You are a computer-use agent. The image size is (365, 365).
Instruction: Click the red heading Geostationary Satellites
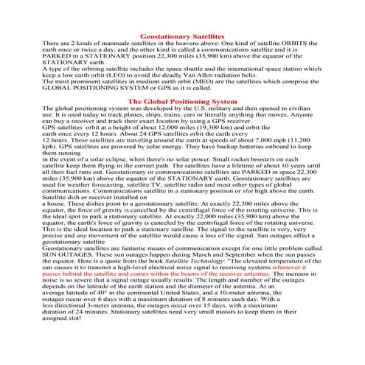(x=182, y=35)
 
